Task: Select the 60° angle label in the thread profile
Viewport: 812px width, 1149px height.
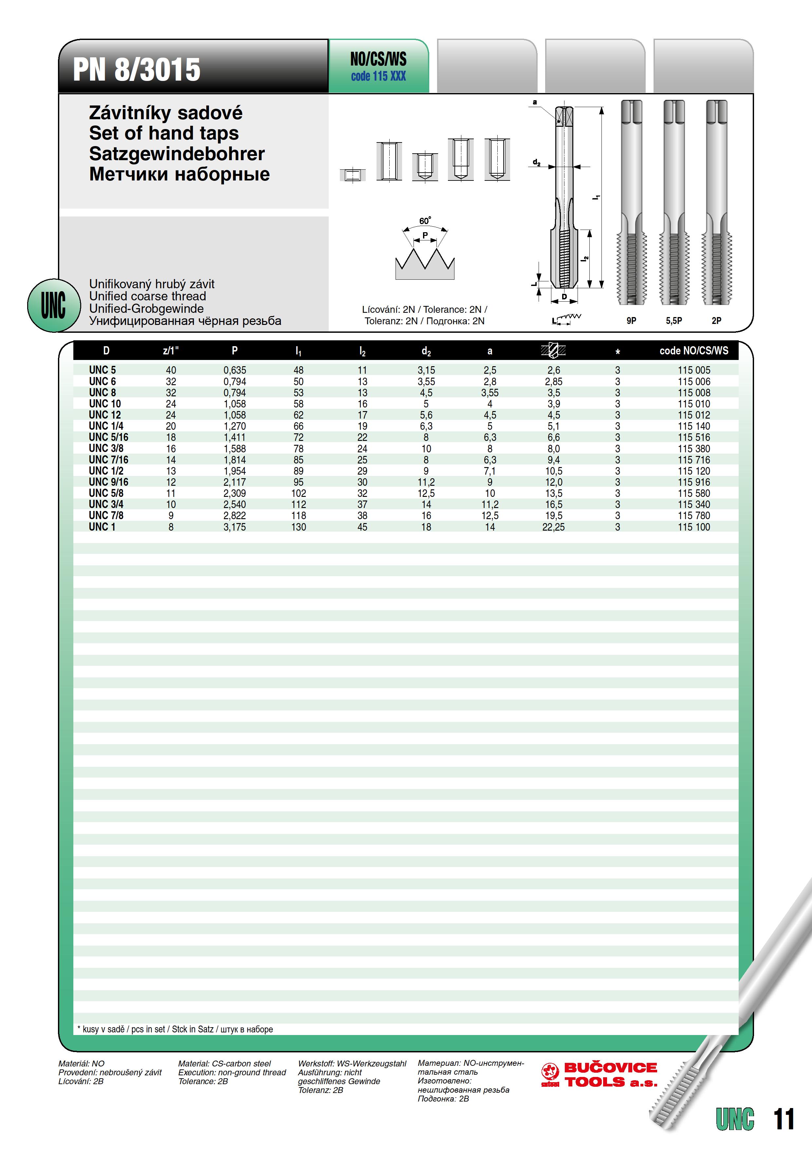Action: pos(425,221)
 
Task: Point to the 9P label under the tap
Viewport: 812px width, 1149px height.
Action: pos(631,321)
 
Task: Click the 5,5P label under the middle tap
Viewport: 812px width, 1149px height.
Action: pos(674,321)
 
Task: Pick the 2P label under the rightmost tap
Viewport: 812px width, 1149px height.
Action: pos(716,321)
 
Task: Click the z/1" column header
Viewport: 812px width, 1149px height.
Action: pos(171,351)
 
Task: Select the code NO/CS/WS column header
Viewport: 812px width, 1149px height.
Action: pos(693,351)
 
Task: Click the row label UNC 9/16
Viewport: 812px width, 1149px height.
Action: pos(109,482)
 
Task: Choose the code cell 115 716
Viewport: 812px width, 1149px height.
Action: pos(693,460)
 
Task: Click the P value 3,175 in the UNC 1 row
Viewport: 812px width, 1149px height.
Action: pos(235,527)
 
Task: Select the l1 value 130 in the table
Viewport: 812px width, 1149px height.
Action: pos(299,527)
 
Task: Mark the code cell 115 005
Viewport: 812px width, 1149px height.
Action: pos(693,370)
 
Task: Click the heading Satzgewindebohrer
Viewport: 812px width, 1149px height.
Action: pos(176,154)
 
